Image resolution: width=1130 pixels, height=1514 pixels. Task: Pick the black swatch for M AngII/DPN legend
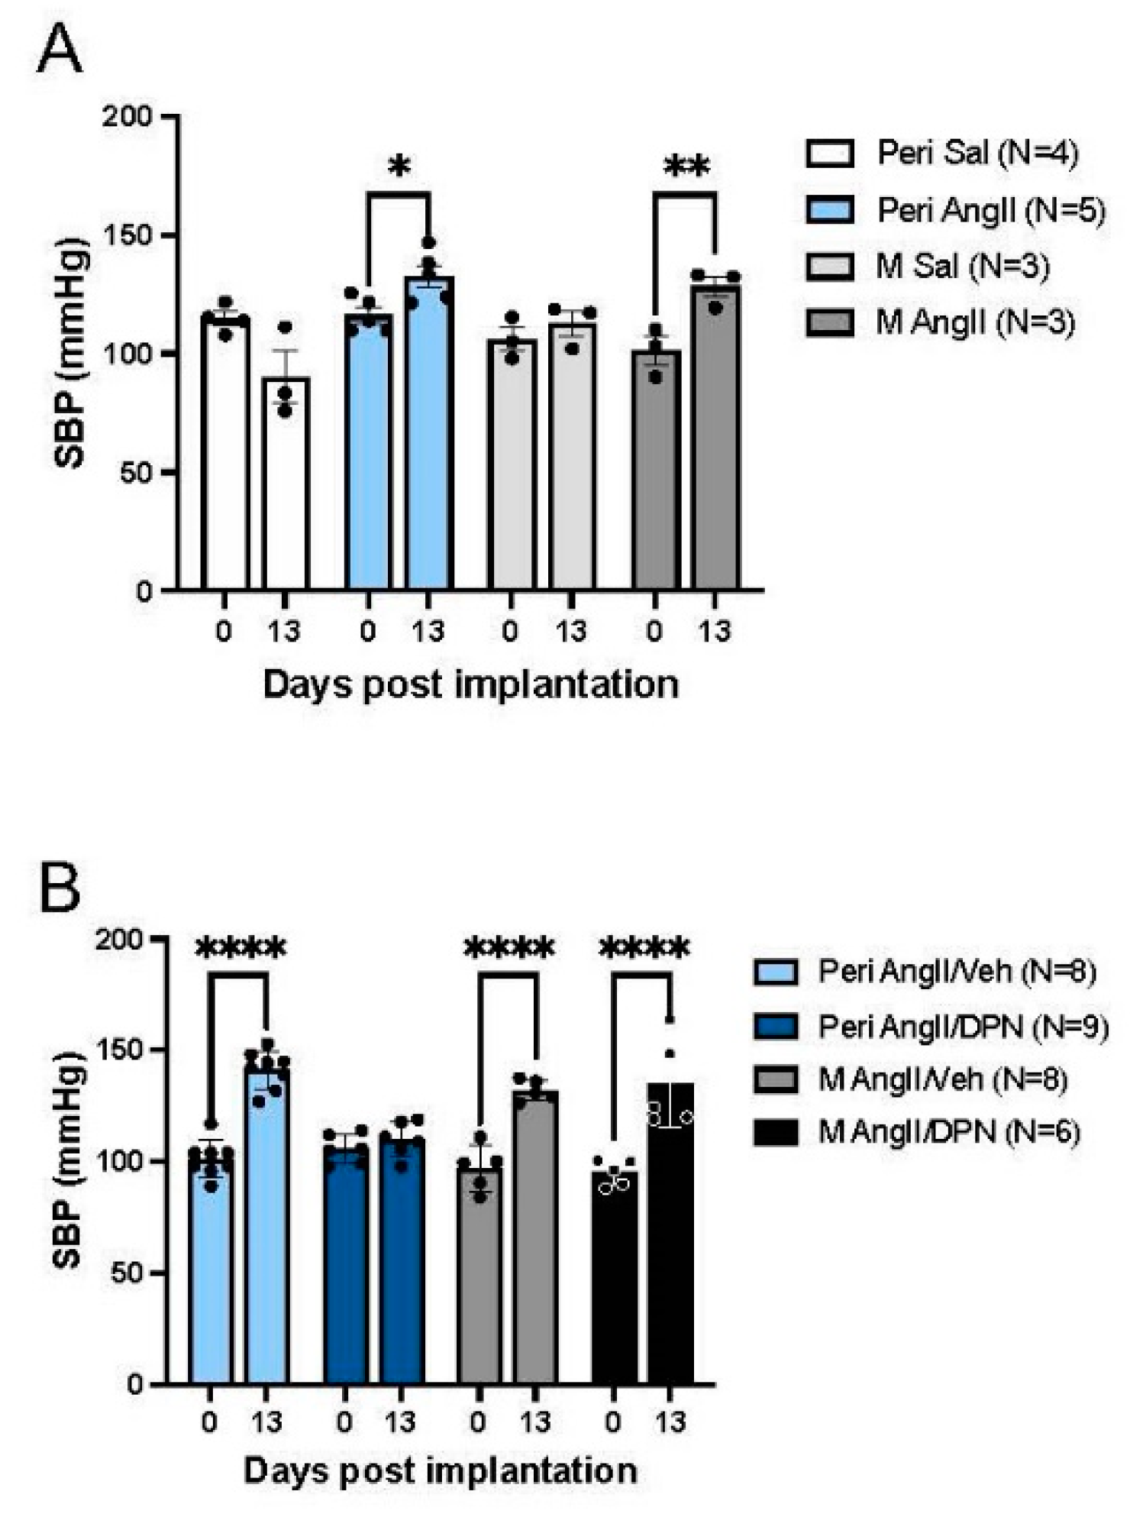pyautogui.click(x=775, y=1132)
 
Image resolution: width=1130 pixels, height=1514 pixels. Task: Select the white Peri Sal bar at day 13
pyautogui.click(x=286, y=489)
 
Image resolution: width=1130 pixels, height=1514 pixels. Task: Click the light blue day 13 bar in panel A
pyautogui.click(x=429, y=443)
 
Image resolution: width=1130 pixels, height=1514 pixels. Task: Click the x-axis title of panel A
pyautogui.click(x=470, y=684)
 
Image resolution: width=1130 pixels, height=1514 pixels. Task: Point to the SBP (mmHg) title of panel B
pyautogui.click(x=69, y=1161)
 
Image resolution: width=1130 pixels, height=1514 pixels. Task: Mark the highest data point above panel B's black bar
pyautogui.click(x=670, y=1020)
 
